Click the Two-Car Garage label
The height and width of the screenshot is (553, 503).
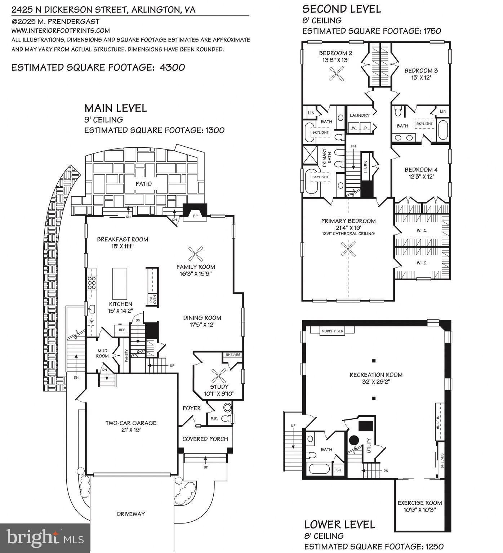[131, 423]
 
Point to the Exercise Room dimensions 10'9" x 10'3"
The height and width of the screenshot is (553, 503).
[419, 510]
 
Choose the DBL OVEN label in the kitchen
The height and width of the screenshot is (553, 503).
[153, 299]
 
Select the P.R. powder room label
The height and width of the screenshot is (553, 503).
[214, 419]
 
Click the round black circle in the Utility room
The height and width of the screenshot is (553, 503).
[354, 440]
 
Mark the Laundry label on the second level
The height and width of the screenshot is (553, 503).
[360, 115]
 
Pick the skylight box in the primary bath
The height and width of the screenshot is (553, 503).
[320, 177]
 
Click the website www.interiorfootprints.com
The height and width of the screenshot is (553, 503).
[61, 31]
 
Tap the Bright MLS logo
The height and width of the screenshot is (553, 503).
[45, 538]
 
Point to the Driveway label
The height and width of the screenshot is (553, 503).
[131, 514]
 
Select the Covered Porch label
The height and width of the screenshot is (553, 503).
[205, 439]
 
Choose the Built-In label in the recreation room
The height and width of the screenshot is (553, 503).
[438, 422]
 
